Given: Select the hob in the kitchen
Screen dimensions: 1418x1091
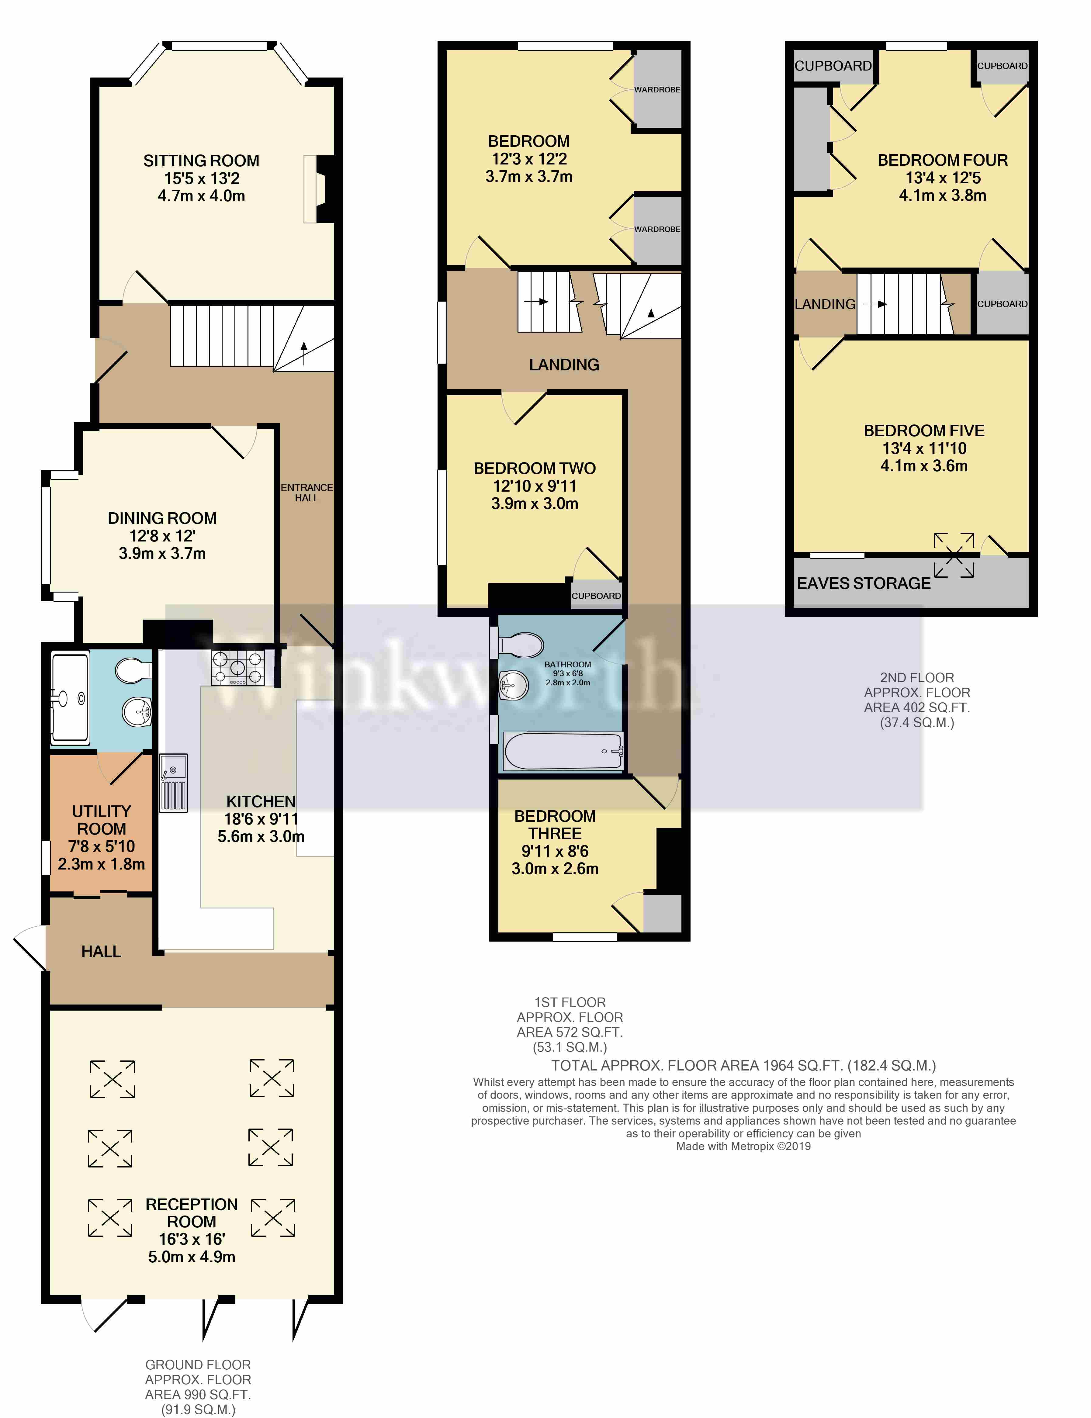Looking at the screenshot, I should (x=238, y=667).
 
